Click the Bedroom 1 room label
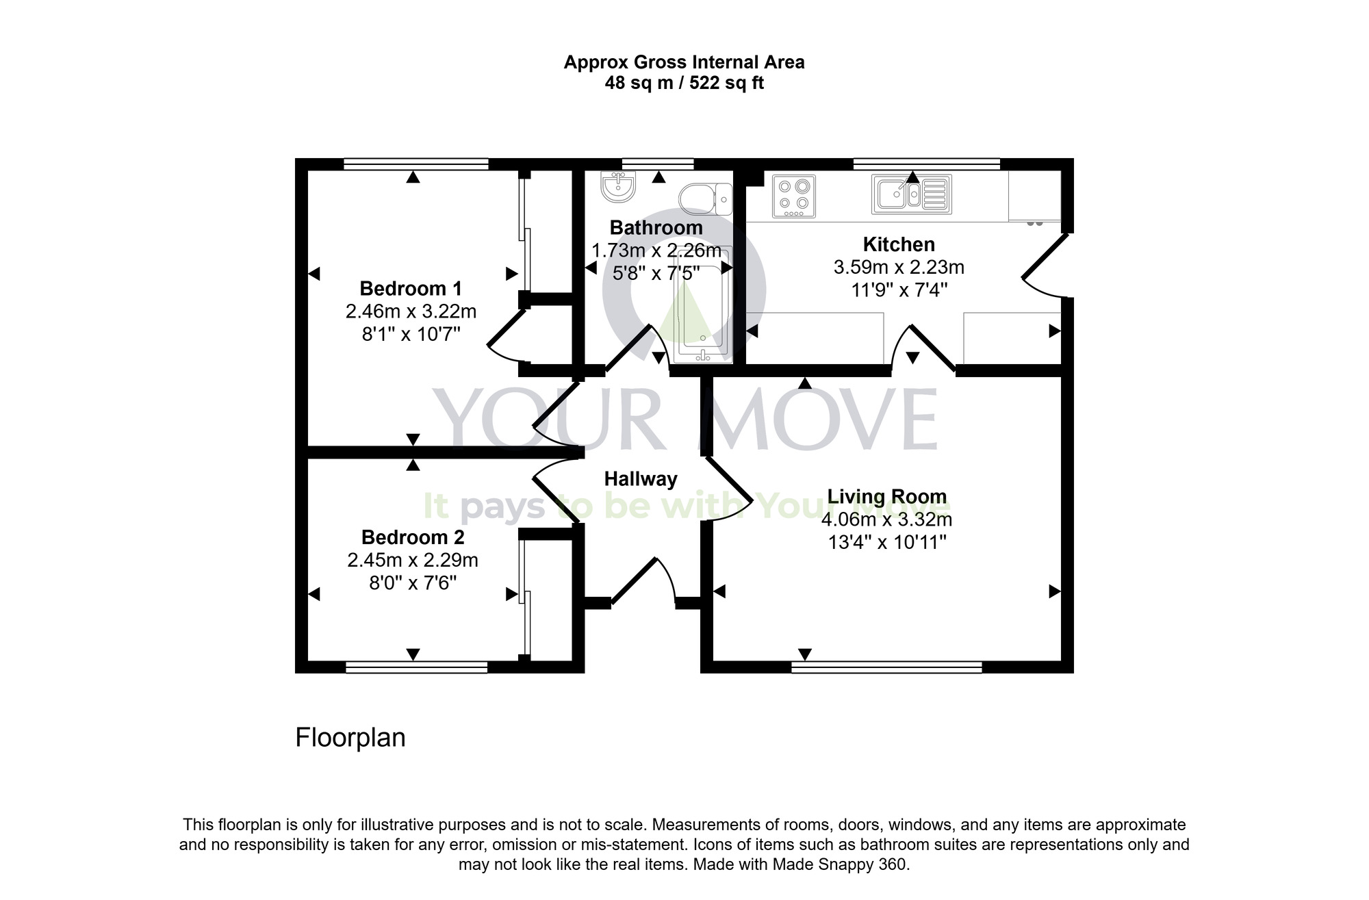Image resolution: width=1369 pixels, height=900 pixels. point(411,288)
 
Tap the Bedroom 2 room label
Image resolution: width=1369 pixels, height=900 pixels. point(413,537)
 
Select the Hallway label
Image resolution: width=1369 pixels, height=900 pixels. point(640,479)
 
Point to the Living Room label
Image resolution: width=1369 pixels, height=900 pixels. point(886,496)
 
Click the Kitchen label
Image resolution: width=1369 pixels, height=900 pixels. point(898,244)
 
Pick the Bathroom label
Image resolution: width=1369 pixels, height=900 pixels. point(656,227)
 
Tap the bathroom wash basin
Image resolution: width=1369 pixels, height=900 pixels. point(618,186)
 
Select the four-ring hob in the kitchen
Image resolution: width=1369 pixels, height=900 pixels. point(794,196)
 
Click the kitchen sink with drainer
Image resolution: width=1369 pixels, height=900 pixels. point(911,194)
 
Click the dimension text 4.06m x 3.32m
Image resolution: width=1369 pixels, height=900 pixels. point(886,519)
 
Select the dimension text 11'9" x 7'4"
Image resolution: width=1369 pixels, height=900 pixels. point(898,290)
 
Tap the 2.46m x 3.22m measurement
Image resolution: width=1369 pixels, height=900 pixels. point(411,311)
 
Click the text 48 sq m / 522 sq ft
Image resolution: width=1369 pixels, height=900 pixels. point(684,83)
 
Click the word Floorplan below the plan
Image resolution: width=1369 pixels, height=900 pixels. point(350,738)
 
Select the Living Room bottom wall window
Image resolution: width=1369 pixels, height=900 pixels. point(886,667)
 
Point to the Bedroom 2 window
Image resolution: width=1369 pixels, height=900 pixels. point(416,667)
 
